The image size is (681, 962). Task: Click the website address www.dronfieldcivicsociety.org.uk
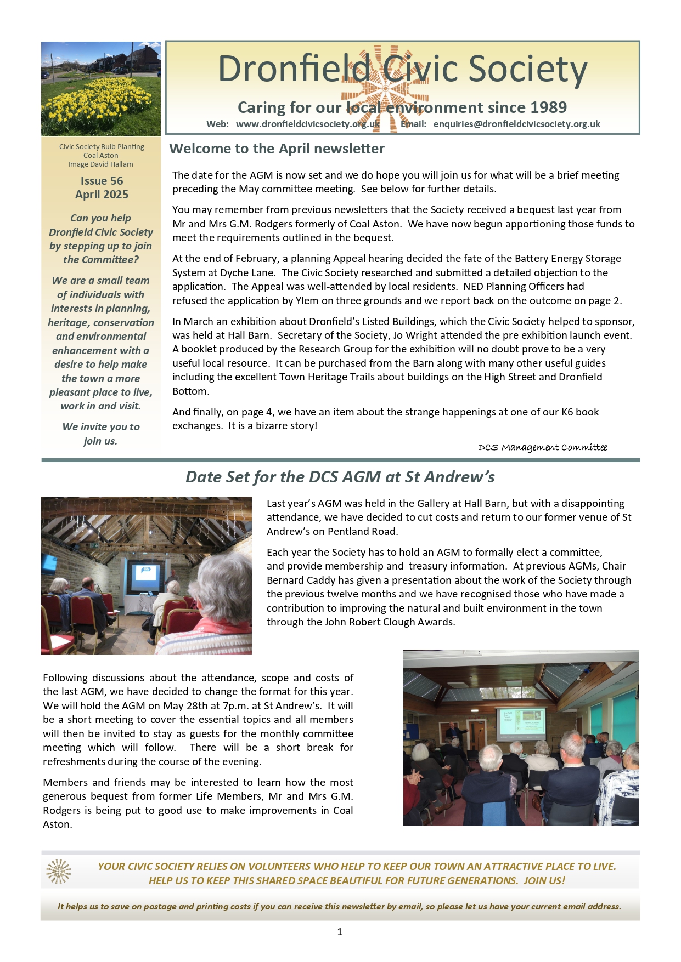pos(308,124)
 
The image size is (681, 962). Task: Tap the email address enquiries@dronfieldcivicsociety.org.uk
pos(516,124)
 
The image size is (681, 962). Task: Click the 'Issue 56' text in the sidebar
pos(102,181)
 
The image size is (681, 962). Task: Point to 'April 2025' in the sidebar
pos(102,195)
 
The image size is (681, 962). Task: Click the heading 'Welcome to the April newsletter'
pos(277,149)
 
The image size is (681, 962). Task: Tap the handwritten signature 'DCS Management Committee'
pos(542,448)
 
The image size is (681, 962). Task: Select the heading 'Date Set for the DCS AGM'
pos(340,477)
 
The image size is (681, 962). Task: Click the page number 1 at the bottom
pos(340,931)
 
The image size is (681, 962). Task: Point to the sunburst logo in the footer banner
pos(58,872)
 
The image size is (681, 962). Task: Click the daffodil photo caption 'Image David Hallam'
pos(101,164)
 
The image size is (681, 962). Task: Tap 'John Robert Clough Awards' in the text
pos(390,622)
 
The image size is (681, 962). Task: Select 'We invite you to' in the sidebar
pos(101,427)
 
